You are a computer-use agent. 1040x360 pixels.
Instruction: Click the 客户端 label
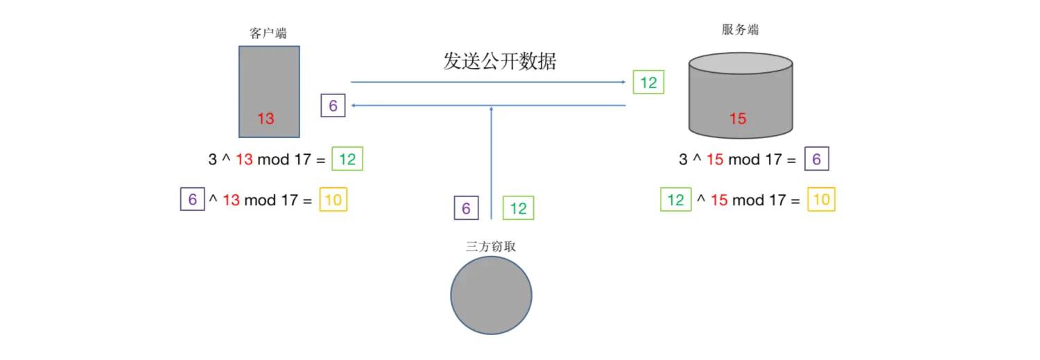[268, 33]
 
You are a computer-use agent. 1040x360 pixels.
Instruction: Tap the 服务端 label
[740, 30]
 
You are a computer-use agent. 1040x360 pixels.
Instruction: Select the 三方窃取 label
[491, 246]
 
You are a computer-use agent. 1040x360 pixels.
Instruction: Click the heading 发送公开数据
[499, 62]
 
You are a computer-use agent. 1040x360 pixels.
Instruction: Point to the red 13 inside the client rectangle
[266, 119]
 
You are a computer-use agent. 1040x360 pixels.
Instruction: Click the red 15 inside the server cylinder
[738, 119]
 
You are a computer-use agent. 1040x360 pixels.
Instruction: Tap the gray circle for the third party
[491, 295]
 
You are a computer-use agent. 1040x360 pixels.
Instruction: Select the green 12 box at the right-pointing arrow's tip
[648, 83]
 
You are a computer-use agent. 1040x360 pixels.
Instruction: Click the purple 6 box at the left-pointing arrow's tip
[333, 106]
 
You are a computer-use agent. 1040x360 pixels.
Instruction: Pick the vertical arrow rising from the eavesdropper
[491, 163]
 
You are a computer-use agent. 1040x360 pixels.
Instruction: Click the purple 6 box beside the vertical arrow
[466, 208]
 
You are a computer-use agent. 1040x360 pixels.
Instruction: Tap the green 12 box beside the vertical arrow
[518, 208]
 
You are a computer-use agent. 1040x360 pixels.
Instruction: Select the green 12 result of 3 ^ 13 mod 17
[347, 160]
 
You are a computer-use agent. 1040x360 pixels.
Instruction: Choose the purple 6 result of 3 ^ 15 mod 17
[816, 160]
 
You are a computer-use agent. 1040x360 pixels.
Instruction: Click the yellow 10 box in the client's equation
[333, 200]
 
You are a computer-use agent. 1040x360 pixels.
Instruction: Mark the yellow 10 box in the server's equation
[821, 200]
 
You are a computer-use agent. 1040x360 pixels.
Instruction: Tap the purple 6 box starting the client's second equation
[192, 200]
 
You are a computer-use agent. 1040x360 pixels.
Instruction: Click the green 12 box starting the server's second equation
[675, 200]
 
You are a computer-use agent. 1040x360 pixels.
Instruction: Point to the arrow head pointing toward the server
[622, 82]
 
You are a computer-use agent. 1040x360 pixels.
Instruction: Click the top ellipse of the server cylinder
[740, 64]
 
